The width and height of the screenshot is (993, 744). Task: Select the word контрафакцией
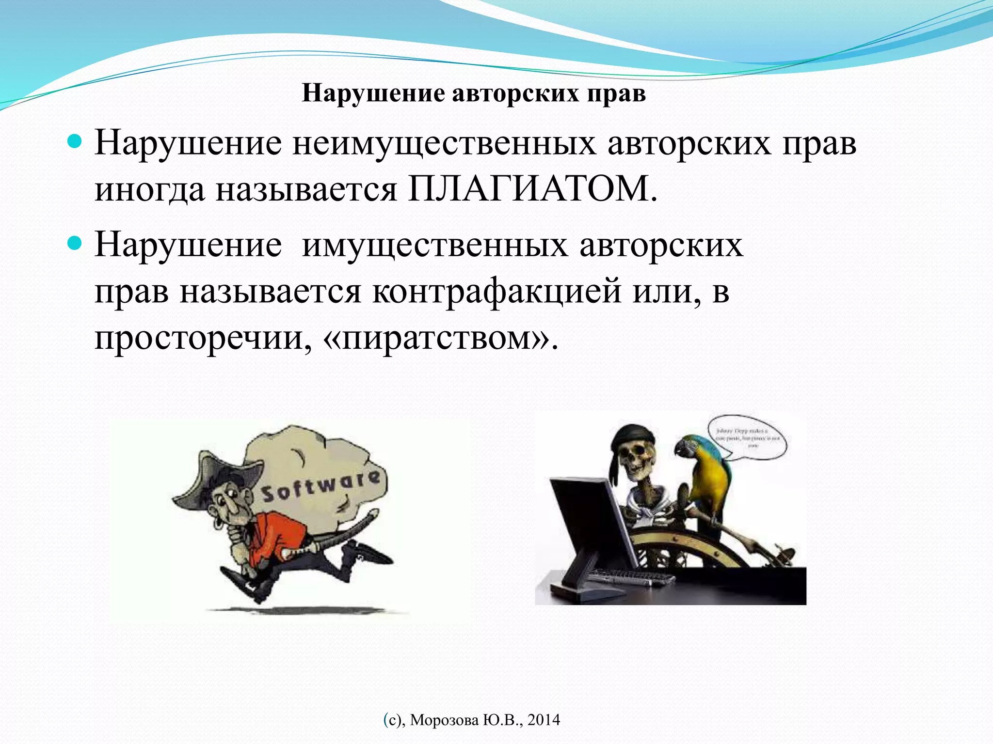(496, 292)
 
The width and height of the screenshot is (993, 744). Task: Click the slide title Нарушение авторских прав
(474, 93)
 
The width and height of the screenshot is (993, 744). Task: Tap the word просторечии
(202, 338)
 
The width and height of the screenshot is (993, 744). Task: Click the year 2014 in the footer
(544, 720)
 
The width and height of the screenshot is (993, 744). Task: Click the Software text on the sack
(320, 486)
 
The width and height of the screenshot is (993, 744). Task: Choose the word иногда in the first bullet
(149, 189)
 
